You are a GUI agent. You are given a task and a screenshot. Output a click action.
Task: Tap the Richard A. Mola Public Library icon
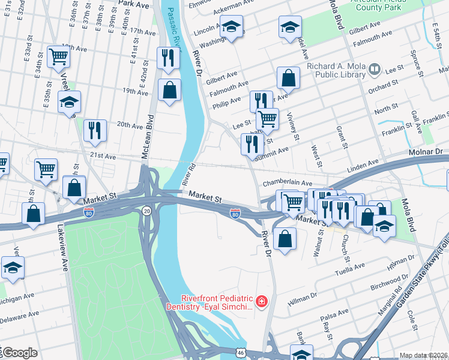tap(375, 70)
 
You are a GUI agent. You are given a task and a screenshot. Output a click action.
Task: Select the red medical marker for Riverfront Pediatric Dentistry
tap(261, 301)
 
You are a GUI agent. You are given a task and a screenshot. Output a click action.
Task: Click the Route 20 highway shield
tap(147, 210)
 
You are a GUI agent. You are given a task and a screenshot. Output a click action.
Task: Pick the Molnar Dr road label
tap(426, 154)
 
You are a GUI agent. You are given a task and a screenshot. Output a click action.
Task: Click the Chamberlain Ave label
tap(287, 182)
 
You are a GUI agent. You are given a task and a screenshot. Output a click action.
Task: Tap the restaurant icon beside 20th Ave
tap(95, 130)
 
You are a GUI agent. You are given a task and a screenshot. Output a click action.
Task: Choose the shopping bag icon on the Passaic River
tap(170, 90)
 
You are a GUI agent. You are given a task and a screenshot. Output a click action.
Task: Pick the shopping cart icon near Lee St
tap(267, 118)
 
